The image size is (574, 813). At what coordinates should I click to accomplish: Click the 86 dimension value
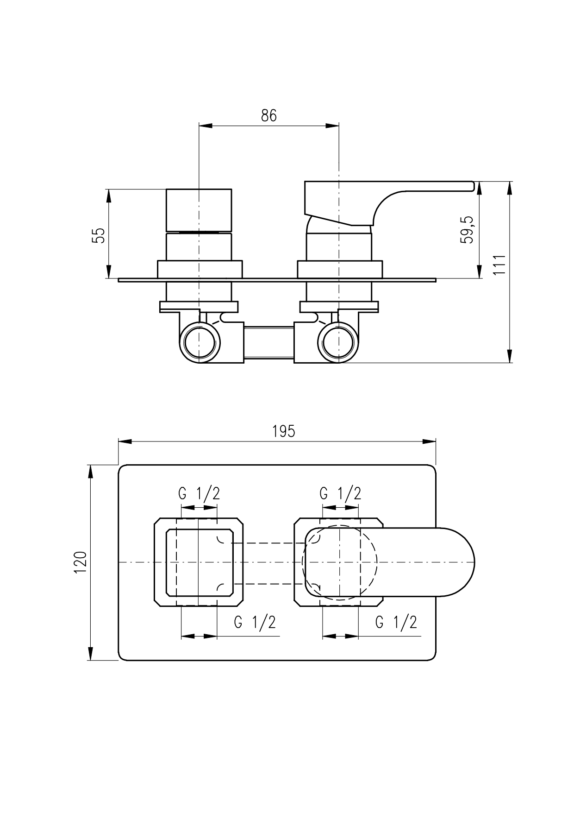[x=268, y=115]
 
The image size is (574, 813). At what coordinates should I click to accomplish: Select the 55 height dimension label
[x=99, y=235]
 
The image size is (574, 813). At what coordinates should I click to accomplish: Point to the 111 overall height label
[x=499, y=265]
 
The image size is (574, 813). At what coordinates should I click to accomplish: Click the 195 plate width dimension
[x=284, y=431]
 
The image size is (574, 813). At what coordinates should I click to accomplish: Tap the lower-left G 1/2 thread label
[x=255, y=622]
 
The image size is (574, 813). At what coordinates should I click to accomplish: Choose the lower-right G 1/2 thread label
[x=396, y=622]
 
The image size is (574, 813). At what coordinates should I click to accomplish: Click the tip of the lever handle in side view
[x=474, y=186]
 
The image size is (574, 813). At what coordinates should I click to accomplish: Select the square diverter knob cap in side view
[x=199, y=210]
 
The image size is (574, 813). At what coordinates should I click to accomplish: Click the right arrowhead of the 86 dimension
[x=332, y=125]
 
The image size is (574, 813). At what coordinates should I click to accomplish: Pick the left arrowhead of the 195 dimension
[x=125, y=441]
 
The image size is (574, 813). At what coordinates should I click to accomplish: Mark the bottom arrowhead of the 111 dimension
[x=510, y=356]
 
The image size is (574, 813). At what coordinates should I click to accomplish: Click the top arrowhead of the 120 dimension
[x=91, y=472]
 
